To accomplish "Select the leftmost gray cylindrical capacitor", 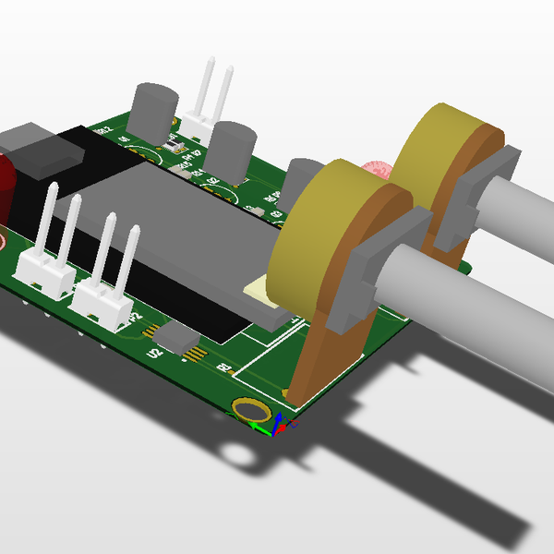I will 153,109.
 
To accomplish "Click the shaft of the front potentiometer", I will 471,314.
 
